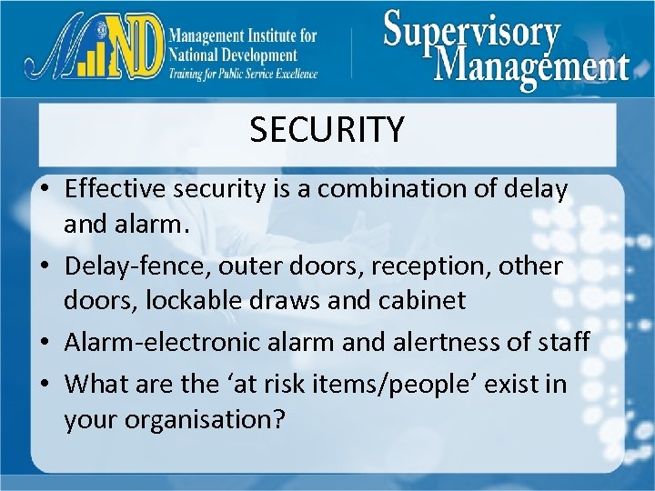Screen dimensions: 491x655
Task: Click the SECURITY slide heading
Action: (327, 130)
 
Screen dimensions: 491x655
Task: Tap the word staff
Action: (564, 342)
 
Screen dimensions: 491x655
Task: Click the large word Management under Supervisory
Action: (532, 65)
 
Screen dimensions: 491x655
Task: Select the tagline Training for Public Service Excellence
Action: (242, 74)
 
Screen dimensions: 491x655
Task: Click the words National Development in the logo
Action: (233, 55)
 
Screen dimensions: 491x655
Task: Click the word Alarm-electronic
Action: (161, 342)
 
